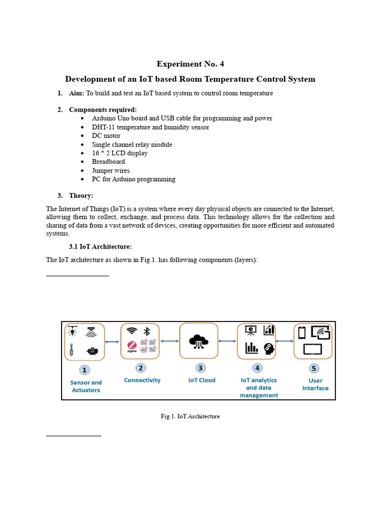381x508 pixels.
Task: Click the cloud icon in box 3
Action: click(198, 341)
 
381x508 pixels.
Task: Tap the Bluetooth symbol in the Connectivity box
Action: click(147, 331)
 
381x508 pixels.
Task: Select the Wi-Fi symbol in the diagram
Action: click(131, 331)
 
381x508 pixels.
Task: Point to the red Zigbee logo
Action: click(132, 346)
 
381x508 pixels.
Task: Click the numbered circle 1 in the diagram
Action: click(85, 370)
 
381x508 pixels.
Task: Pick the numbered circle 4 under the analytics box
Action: click(257, 368)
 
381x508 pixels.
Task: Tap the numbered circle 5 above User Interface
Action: click(314, 369)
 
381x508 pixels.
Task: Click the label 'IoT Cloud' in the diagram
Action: click(202, 381)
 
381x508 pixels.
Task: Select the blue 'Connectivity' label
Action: click(142, 381)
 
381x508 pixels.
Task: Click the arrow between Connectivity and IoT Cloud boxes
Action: click(170, 341)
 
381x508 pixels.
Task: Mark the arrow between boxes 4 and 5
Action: click(285, 341)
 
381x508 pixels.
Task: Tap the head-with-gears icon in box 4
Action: click(269, 348)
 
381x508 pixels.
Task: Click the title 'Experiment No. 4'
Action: click(187, 64)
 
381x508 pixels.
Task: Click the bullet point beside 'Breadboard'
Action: click(82, 162)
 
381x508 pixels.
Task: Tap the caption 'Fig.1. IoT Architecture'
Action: click(190, 416)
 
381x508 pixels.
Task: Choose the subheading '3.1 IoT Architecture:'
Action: click(100, 247)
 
